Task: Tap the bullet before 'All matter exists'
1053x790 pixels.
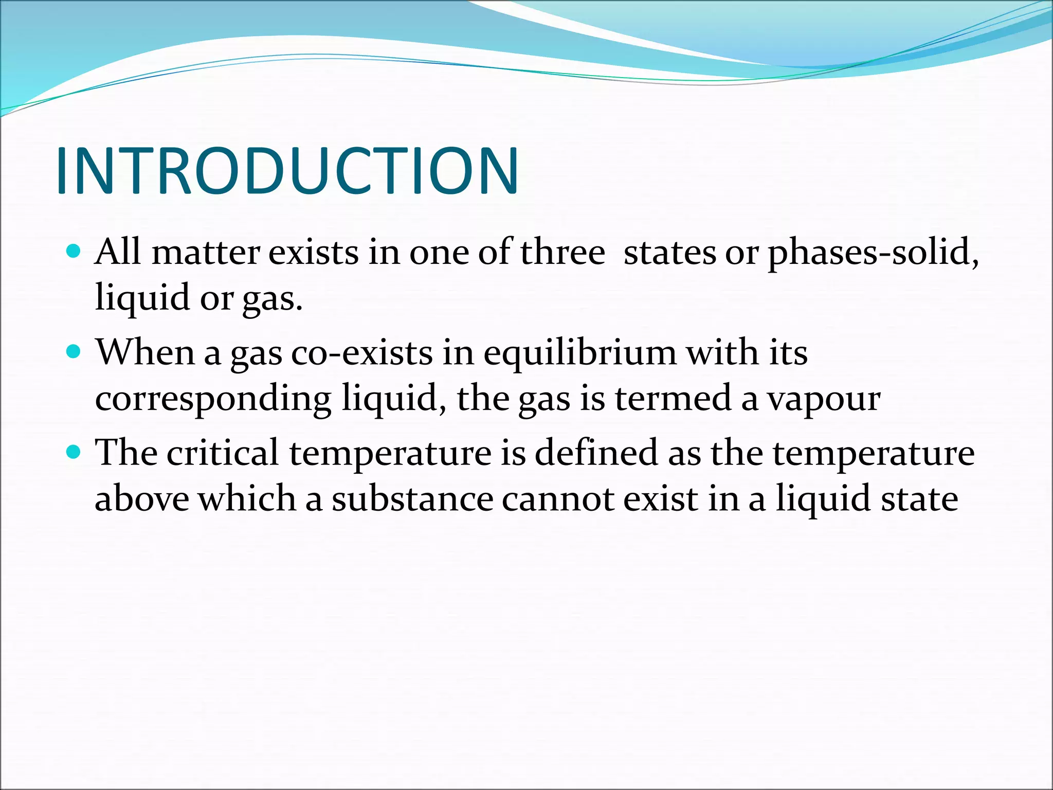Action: [x=74, y=252]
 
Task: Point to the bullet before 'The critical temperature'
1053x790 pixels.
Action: [x=74, y=452]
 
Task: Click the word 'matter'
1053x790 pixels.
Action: [x=206, y=253]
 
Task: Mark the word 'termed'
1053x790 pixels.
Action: [x=673, y=399]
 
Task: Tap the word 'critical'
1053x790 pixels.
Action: [x=222, y=453]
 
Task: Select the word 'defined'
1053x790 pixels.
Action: [x=596, y=453]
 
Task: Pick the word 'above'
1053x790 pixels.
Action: [x=142, y=499]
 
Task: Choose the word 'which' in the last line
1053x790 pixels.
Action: [x=248, y=499]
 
